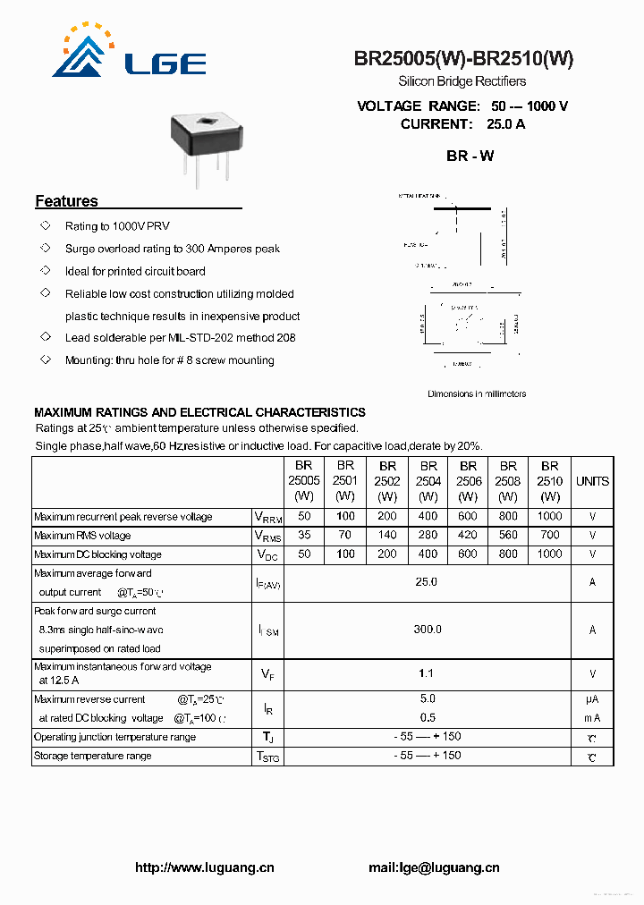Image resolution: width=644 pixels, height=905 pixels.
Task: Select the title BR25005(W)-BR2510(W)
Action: [x=463, y=59]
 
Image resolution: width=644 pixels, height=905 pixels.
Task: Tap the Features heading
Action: [x=66, y=201]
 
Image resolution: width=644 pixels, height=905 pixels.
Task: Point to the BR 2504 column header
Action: [x=428, y=481]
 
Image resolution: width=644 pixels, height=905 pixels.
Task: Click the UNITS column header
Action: [x=592, y=481]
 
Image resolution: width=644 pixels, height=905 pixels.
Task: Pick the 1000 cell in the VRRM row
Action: [x=549, y=516]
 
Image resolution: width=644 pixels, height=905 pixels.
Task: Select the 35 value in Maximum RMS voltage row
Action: [x=304, y=535]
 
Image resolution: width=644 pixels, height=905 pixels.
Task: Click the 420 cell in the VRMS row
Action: [x=468, y=535]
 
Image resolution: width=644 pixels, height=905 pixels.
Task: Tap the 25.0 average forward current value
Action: [x=427, y=582]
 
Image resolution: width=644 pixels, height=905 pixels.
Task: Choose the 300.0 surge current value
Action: [x=427, y=630]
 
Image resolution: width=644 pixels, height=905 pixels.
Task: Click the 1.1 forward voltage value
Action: [x=427, y=673]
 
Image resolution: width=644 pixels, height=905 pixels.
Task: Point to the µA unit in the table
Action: [x=592, y=699]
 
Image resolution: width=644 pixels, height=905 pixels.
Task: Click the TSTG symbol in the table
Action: [x=267, y=757]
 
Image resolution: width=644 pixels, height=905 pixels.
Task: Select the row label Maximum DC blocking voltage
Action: [x=97, y=554]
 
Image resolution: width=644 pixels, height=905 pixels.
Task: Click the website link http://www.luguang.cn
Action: [x=204, y=867]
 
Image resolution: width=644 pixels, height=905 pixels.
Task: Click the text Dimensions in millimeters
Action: [x=477, y=393]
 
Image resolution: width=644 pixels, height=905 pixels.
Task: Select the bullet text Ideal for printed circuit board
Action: [x=135, y=271]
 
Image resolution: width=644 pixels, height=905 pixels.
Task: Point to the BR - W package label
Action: [x=470, y=156]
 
